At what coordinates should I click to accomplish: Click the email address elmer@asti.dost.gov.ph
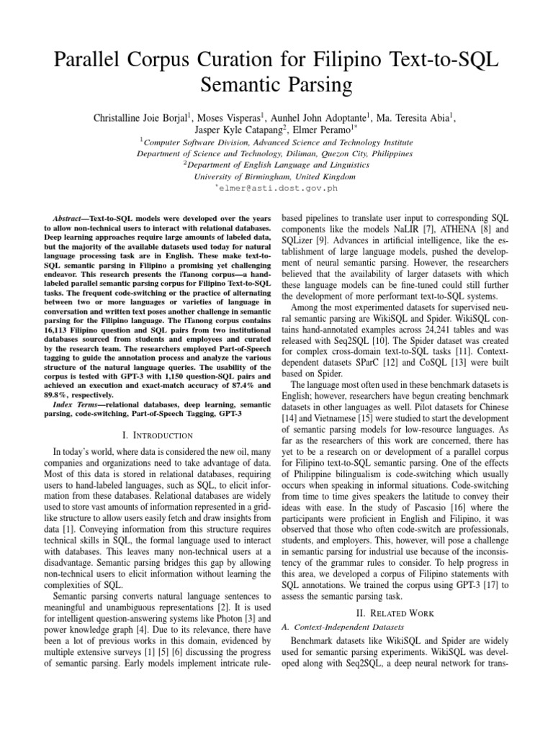coord(279,188)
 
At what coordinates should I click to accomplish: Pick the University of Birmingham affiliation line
coord(275,176)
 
